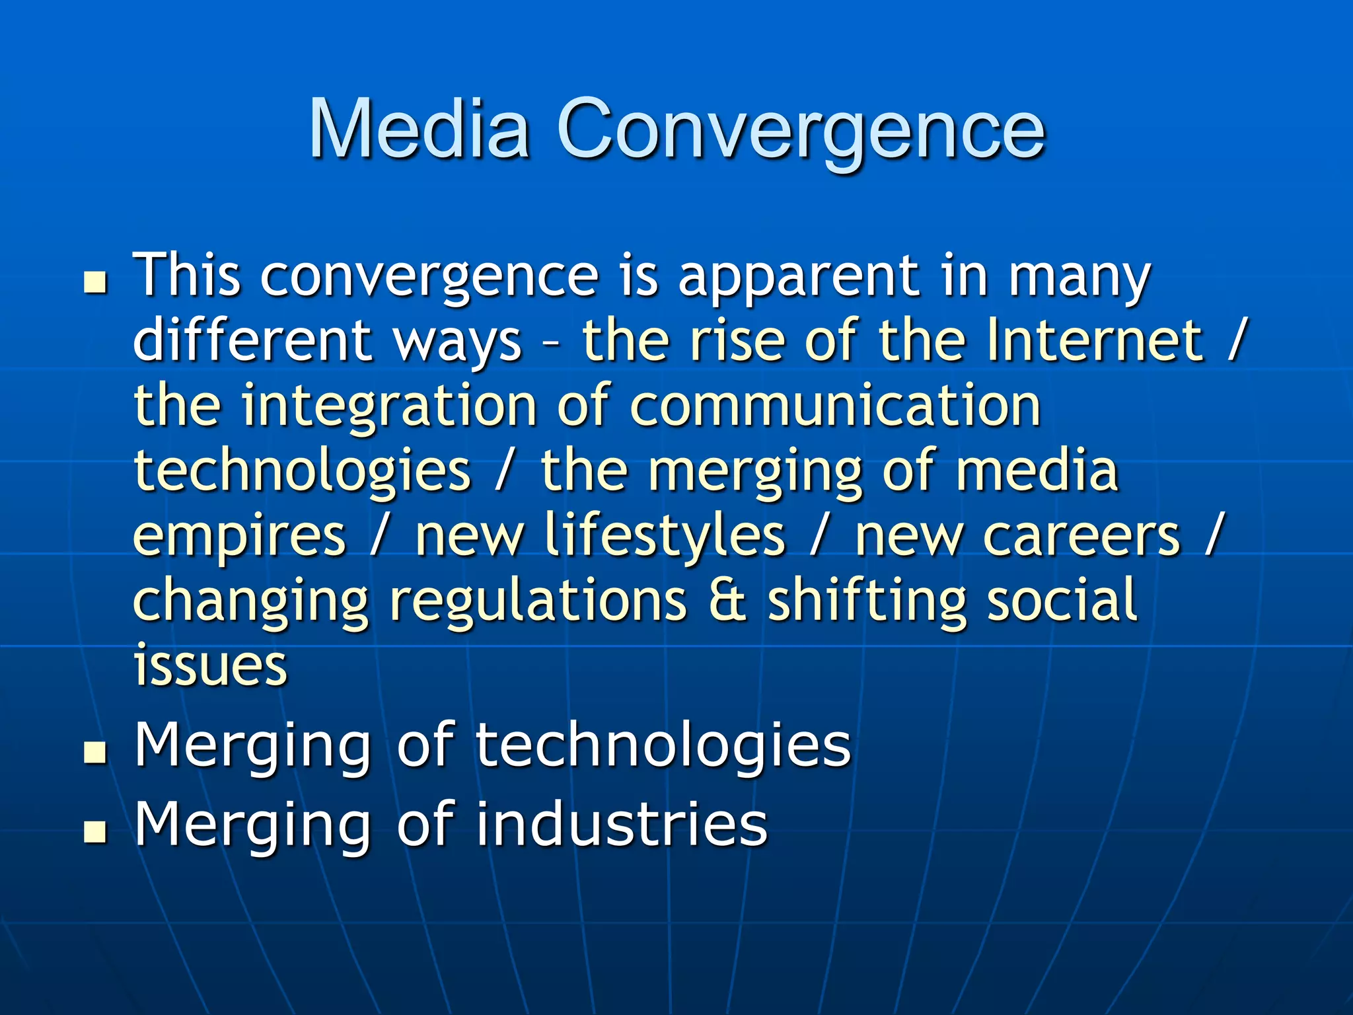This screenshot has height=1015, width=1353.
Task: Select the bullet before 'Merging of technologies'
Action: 96,753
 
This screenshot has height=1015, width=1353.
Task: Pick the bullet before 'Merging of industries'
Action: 96,832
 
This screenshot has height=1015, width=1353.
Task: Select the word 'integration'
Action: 388,406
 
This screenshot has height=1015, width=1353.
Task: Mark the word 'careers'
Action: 1081,535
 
